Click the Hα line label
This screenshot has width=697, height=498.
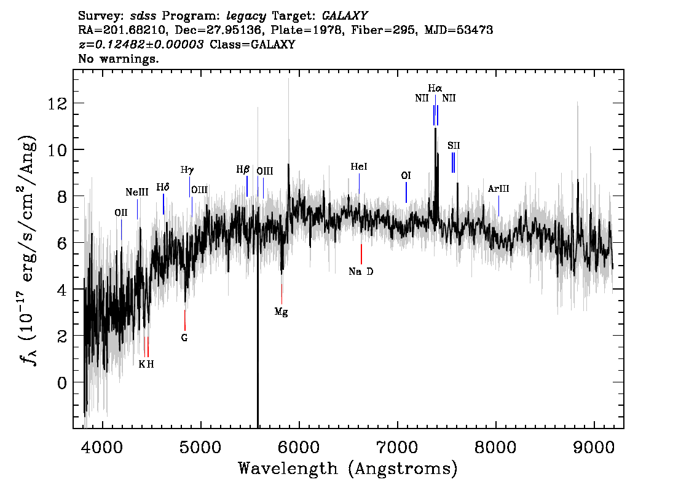(435, 88)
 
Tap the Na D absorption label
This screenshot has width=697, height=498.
(361, 271)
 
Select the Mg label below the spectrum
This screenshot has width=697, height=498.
(281, 312)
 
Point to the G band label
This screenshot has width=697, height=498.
(184, 338)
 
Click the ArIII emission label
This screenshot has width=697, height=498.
(498, 189)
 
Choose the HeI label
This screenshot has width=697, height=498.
(359, 167)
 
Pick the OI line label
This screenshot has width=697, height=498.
(406, 176)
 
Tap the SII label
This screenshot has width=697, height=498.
(454, 145)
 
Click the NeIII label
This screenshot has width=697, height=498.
(137, 192)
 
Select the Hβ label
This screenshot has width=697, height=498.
(243, 170)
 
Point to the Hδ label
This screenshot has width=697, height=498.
(163, 187)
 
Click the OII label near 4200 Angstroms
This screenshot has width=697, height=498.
(121, 213)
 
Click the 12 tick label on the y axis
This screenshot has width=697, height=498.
(57, 104)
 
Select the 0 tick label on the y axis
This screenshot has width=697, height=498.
(62, 382)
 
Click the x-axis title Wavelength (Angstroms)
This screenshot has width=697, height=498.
(348, 468)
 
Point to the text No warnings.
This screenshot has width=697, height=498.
(118, 58)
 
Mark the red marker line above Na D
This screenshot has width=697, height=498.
(361, 254)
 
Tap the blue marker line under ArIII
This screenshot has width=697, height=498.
(498, 206)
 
